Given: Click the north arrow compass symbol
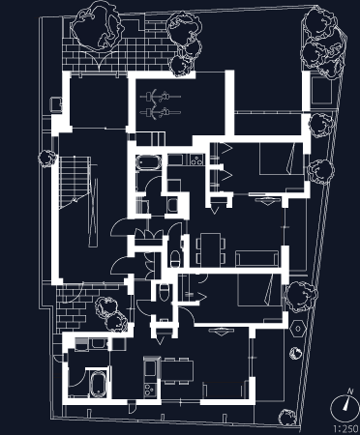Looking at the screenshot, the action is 344,407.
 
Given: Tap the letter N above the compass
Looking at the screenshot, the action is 350,391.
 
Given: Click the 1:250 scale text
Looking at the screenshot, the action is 345,429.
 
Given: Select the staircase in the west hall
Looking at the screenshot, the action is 75,182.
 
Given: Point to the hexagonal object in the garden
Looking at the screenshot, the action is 298,329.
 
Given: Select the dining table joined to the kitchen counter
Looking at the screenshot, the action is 177,370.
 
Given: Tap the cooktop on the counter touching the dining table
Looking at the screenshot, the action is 150,390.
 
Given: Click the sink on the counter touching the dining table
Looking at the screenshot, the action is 150,368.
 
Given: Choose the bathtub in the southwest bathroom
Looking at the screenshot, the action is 98,385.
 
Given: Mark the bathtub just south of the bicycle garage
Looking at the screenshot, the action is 148,162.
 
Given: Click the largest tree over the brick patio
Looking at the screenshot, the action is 97,26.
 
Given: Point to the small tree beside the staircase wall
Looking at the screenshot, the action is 47,158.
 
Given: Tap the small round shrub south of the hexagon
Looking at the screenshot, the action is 294,354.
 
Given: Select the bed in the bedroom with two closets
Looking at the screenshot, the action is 282,159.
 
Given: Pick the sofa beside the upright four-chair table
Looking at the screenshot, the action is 256,258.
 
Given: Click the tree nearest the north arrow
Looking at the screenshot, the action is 287,418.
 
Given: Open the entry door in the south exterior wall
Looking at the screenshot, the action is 132,407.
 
